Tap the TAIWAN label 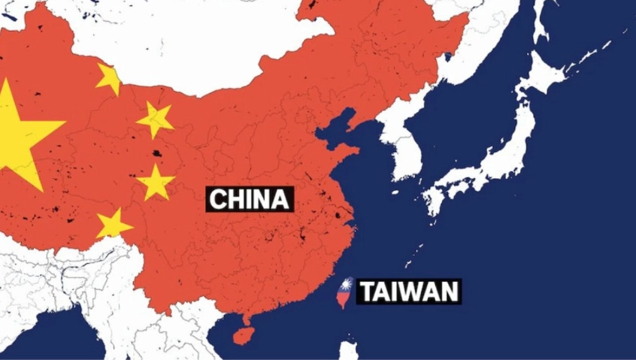(x=408, y=291)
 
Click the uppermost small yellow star (x=109, y=78)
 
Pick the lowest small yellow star (x=114, y=224)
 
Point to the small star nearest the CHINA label (x=156, y=183)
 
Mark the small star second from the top (x=156, y=119)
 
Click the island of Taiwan (x=344, y=294)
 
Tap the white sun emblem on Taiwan (x=347, y=285)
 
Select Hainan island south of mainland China (x=242, y=331)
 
